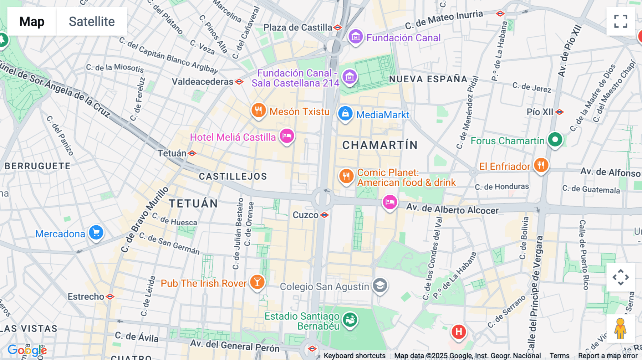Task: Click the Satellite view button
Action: [92, 21]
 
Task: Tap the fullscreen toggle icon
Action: [621, 21]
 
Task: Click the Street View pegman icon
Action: [621, 329]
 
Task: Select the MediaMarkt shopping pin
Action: [345, 114]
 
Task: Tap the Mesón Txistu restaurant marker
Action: [259, 111]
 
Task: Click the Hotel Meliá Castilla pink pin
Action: [287, 136]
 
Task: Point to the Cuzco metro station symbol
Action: [324, 215]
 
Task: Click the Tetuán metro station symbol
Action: [192, 153]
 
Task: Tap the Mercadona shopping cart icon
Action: [96, 233]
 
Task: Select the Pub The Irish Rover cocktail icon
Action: [257, 282]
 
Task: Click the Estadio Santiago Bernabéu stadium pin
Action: [350, 319]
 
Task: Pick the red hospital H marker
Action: [459, 332]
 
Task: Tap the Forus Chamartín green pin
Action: [555, 139]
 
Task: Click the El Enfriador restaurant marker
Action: [541, 165]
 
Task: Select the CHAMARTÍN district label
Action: [380, 145]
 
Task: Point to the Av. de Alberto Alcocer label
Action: [452, 209]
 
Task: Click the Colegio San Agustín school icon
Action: [380, 286]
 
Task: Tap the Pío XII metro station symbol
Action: [559, 112]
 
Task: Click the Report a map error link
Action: [608, 356]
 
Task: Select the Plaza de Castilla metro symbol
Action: [337, 27]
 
